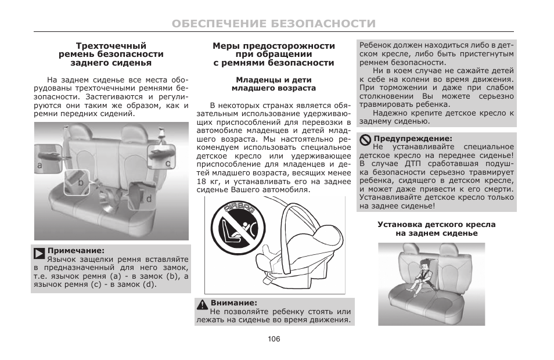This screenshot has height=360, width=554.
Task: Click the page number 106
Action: pyautogui.click(x=274, y=339)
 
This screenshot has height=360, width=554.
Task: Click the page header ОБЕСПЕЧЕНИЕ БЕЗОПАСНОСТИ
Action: pyautogui.click(x=274, y=24)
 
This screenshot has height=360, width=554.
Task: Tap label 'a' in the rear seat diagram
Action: pyautogui.click(x=39, y=165)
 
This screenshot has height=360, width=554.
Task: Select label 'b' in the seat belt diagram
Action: pyautogui.click(x=81, y=182)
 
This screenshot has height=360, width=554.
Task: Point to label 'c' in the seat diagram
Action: pyautogui.click(x=168, y=164)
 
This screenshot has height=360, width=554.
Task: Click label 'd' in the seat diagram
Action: pyautogui.click(x=149, y=199)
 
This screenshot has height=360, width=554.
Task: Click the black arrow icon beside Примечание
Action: pyautogui.click(x=39, y=253)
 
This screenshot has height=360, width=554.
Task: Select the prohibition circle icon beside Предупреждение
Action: pyautogui.click(x=365, y=139)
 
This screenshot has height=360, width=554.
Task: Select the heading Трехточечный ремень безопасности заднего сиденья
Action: pyautogui.click(x=111, y=54)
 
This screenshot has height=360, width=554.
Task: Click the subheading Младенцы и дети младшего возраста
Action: pyautogui.click(x=274, y=84)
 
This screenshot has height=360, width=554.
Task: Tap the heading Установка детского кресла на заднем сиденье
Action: pyautogui.click(x=436, y=229)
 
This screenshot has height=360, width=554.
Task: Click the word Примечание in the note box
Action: pyautogui.click(x=75, y=251)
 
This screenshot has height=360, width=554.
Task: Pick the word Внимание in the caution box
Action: pyautogui.click(x=233, y=303)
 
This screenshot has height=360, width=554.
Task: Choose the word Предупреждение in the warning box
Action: pyautogui.click(x=412, y=139)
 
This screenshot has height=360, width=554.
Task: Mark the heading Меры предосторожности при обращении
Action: pyautogui.click(x=274, y=50)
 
